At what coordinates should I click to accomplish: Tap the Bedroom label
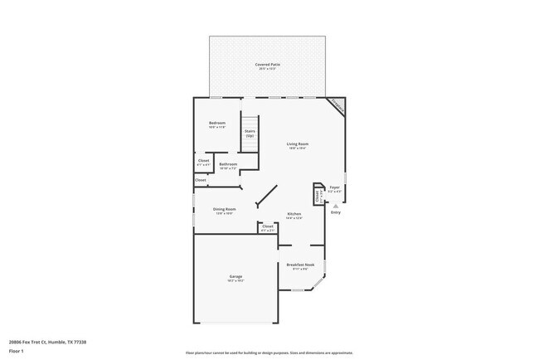217,124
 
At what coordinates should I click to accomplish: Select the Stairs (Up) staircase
250,133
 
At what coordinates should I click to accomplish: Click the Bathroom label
228,164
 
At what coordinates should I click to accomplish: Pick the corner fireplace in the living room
337,105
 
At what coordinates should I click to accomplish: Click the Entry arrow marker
336,204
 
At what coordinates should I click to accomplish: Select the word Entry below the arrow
336,213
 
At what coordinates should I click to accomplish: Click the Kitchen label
294,214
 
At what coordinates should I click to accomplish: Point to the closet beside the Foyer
317,195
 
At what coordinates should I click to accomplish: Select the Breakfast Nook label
299,265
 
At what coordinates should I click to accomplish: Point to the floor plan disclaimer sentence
269,353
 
